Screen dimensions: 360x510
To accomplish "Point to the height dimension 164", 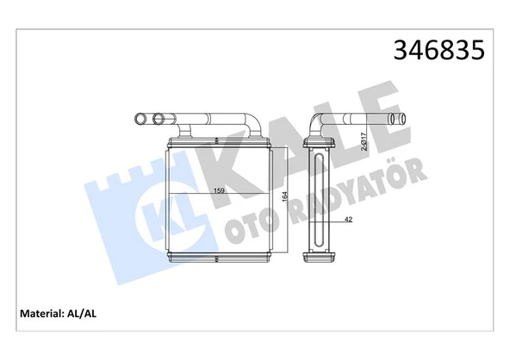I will tap(283, 200).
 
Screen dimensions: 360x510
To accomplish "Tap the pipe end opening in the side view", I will tap(397, 120).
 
